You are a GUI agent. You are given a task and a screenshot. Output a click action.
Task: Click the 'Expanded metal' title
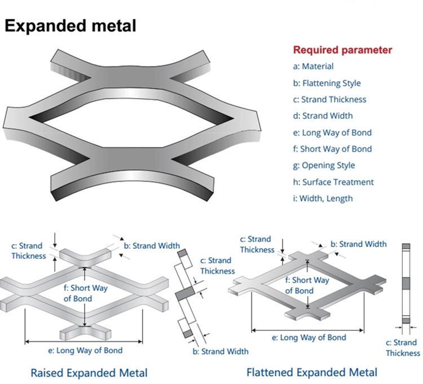70,26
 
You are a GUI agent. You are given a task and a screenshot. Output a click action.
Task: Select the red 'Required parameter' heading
342,50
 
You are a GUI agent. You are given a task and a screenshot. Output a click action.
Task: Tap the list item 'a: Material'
313,67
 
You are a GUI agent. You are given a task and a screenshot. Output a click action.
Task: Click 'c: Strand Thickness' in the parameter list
329,100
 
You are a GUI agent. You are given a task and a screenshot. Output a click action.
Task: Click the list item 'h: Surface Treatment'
333,182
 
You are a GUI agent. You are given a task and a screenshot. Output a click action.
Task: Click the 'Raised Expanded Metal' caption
89,373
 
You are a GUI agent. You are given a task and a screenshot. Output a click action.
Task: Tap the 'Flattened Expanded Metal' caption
312,372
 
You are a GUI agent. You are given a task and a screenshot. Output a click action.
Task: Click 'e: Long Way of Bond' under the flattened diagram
309,338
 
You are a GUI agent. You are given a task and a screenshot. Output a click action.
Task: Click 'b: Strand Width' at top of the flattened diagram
359,244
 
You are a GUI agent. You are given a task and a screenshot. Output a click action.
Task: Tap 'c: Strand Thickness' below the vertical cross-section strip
403,348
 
